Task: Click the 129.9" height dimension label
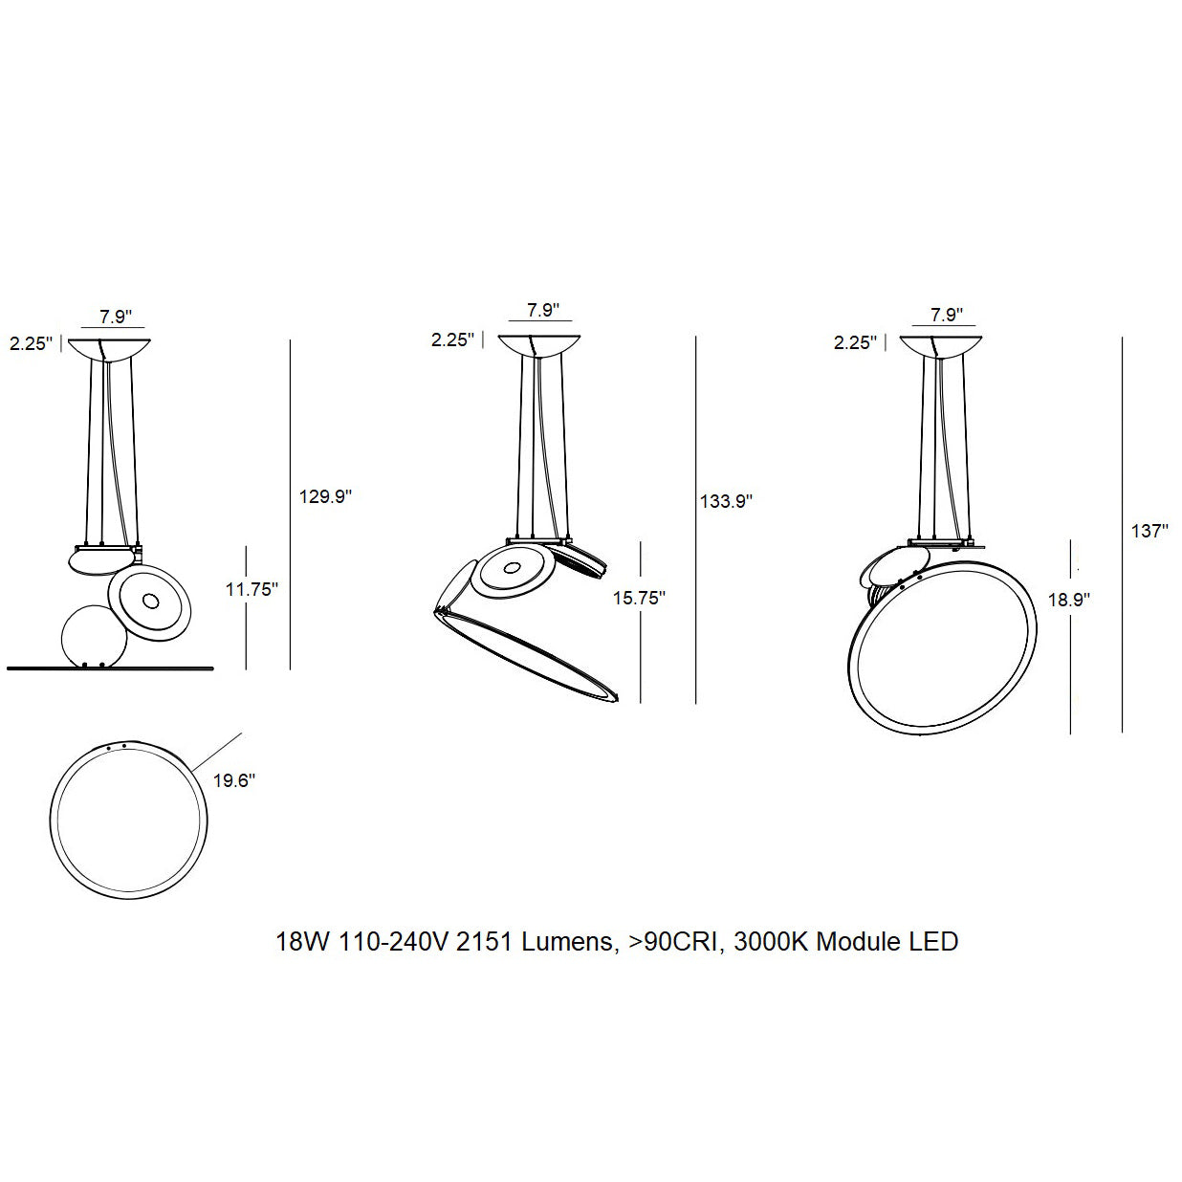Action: pyautogui.click(x=325, y=496)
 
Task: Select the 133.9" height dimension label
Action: pyautogui.click(x=726, y=500)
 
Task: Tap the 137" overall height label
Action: pyautogui.click(x=1149, y=531)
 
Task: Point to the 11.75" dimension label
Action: pyautogui.click(x=252, y=589)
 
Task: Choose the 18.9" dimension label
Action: pyautogui.click(x=1067, y=600)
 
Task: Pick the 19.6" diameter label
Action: pyautogui.click(x=233, y=780)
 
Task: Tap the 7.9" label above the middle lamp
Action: pyautogui.click(x=542, y=310)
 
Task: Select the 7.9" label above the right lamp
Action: pyautogui.click(x=946, y=314)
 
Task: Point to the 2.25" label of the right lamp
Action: pyautogui.click(x=855, y=342)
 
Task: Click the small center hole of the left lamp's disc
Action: pyautogui.click(x=150, y=602)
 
